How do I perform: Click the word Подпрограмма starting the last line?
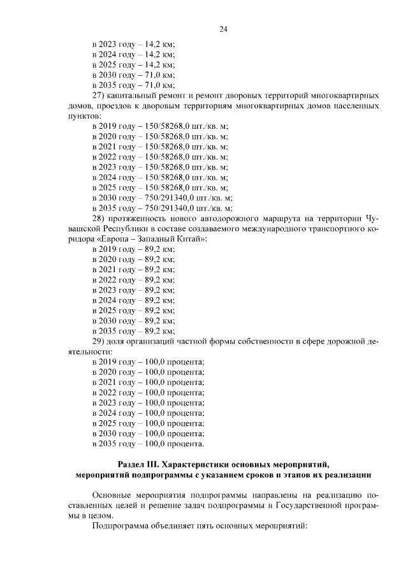119,527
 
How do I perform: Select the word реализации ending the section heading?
344,474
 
